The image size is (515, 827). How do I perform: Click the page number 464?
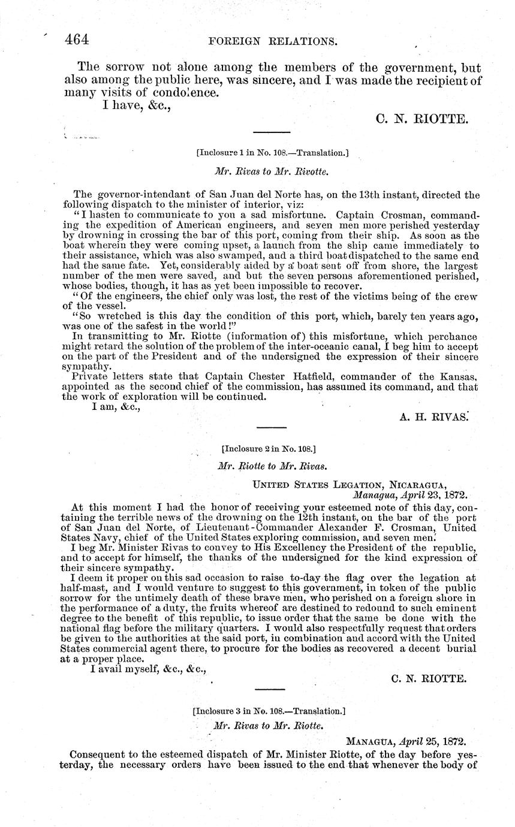pos(77,40)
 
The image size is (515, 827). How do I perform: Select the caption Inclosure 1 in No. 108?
pos(272,153)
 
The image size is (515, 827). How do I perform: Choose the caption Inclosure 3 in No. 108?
pos(269,711)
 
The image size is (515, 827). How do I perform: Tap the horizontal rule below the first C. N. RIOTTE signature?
pos(272,132)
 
